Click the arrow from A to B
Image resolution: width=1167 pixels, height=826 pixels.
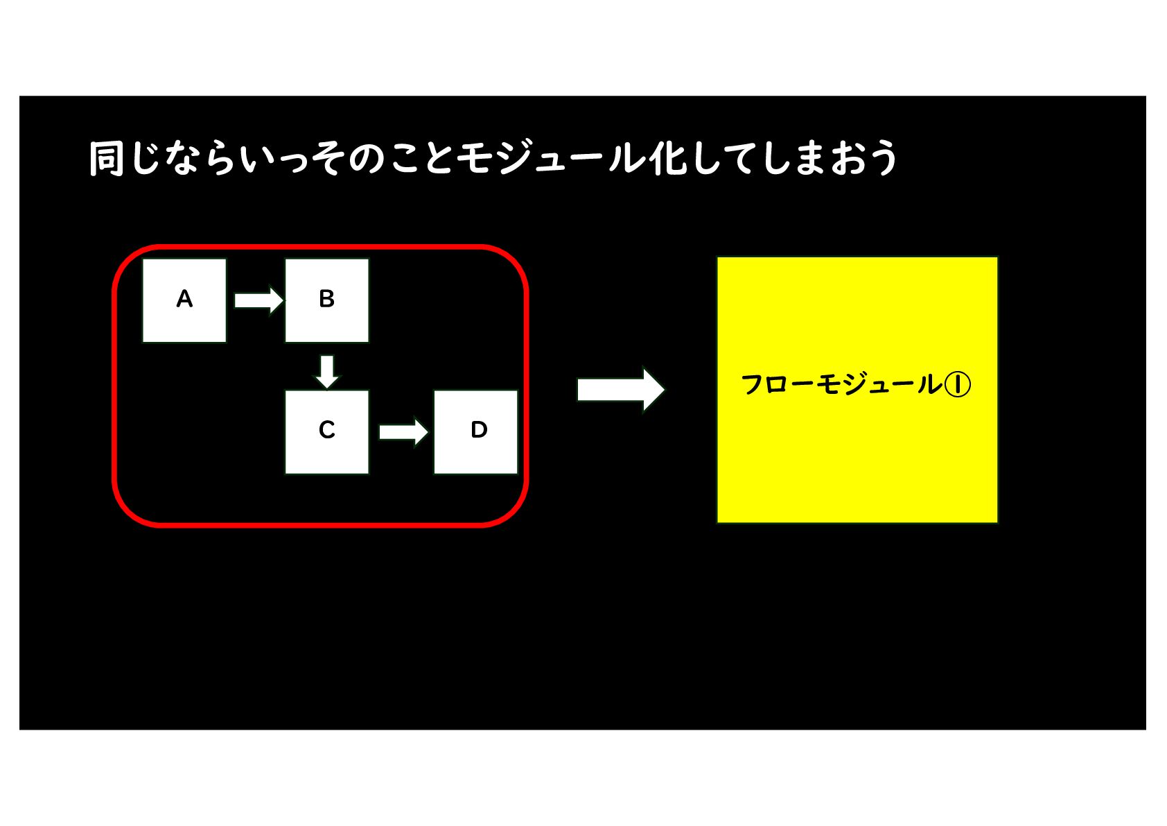point(258,300)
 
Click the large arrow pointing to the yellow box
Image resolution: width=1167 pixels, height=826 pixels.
point(620,389)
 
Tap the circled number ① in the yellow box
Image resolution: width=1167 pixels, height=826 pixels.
point(958,384)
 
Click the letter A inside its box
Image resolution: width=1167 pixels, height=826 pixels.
point(184,299)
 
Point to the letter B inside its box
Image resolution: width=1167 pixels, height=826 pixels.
point(326,299)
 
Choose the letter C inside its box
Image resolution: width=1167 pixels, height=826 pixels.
point(326,430)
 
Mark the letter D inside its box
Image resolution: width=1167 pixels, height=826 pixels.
point(479,430)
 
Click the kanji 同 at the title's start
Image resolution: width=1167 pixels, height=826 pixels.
point(107,159)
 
